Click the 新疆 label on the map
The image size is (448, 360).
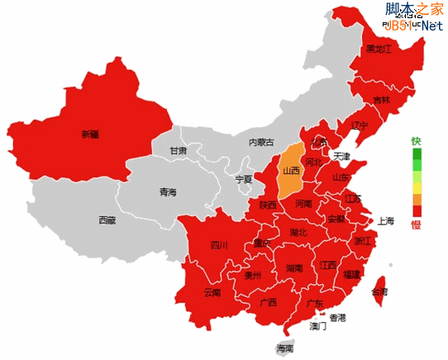pyautogui.click(x=90, y=134)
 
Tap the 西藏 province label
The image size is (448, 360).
pyautogui.click(x=107, y=220)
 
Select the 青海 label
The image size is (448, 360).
pyautogui.click(x=168, y=192)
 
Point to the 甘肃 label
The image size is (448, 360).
pyautogui.click(x=179, y=151)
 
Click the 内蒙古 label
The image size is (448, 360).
pyautogui.click(x=260, y=142)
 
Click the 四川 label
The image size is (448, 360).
pyautogui.click(x=219, y=244)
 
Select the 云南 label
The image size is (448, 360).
pyautogui.click(x=212, y=292)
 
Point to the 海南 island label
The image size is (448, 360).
pyautogui.click(x=284, y=348)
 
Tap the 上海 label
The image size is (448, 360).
pyautogui.click(x=386, y=220)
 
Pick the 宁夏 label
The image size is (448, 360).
pyautogui.click(x=243, y=178)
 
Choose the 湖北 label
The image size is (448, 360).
pyautogui.click(x=298, y=233)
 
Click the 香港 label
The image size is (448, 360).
pyautogui.click(x=338, y=317)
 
